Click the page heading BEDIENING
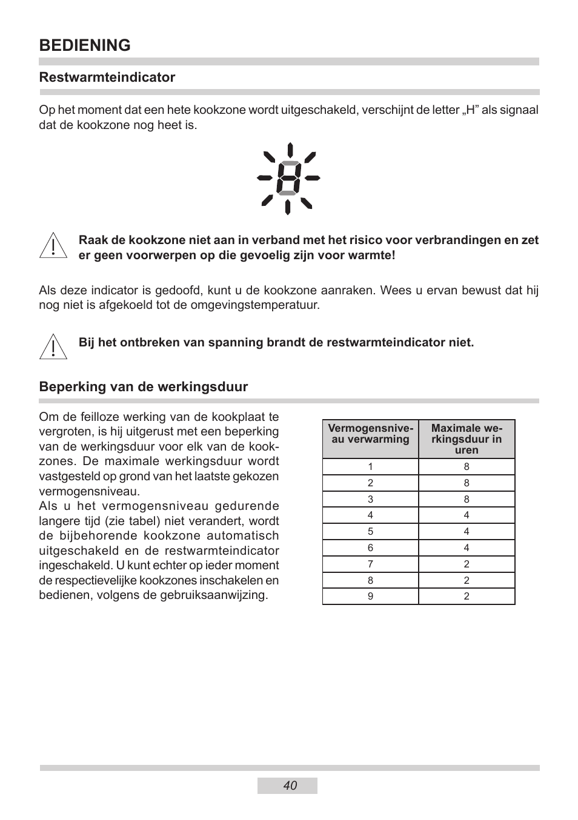point(85,45)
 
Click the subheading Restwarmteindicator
point(107,78)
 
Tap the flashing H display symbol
point(288,179)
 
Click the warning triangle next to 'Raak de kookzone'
point(53,246)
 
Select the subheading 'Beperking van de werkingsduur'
point(144,387)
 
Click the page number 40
point(290,785)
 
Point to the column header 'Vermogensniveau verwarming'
point(370,434)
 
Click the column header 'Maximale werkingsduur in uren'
point(467,439)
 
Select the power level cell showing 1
point(370,467)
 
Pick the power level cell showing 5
point(370,532)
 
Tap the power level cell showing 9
point(370,597)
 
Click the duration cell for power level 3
point(467,500)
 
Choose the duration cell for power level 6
point(467,548)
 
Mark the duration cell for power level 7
point(467,564)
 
